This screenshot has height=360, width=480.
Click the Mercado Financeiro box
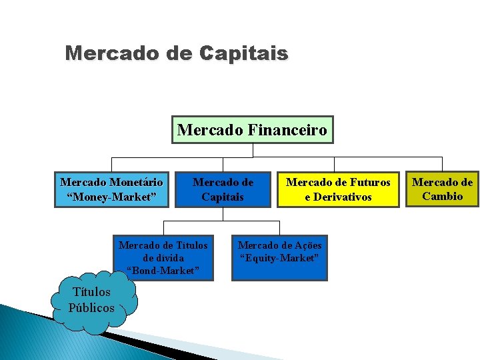coord(253,130)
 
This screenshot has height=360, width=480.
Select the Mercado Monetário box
coord(111,189)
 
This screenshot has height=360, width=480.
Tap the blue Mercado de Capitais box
coord(223,189)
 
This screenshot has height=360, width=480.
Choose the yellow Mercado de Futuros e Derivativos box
coord(338,189)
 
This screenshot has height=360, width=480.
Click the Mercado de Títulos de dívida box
coord(163,257)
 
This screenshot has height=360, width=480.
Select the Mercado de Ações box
coord(279,251)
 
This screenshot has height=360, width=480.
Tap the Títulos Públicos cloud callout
coord(92,300)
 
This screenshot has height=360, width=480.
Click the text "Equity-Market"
coord(279,257)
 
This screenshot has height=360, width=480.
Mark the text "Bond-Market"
coord(163,270)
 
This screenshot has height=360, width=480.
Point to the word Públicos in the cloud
coord(91,307)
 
